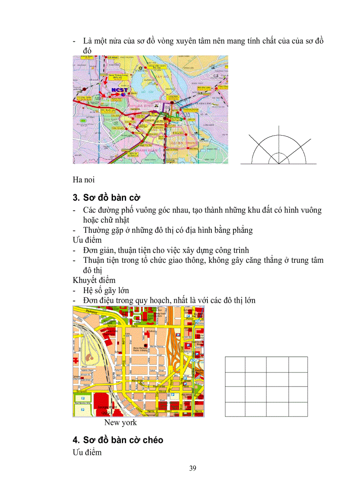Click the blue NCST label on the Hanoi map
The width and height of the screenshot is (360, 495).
120,90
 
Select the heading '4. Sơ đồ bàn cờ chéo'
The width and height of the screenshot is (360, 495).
118,440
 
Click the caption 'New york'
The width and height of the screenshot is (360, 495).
120,422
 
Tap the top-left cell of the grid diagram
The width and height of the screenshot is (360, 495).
235,365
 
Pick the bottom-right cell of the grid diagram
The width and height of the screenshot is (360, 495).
298,409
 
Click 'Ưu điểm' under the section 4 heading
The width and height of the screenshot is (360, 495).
87,453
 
